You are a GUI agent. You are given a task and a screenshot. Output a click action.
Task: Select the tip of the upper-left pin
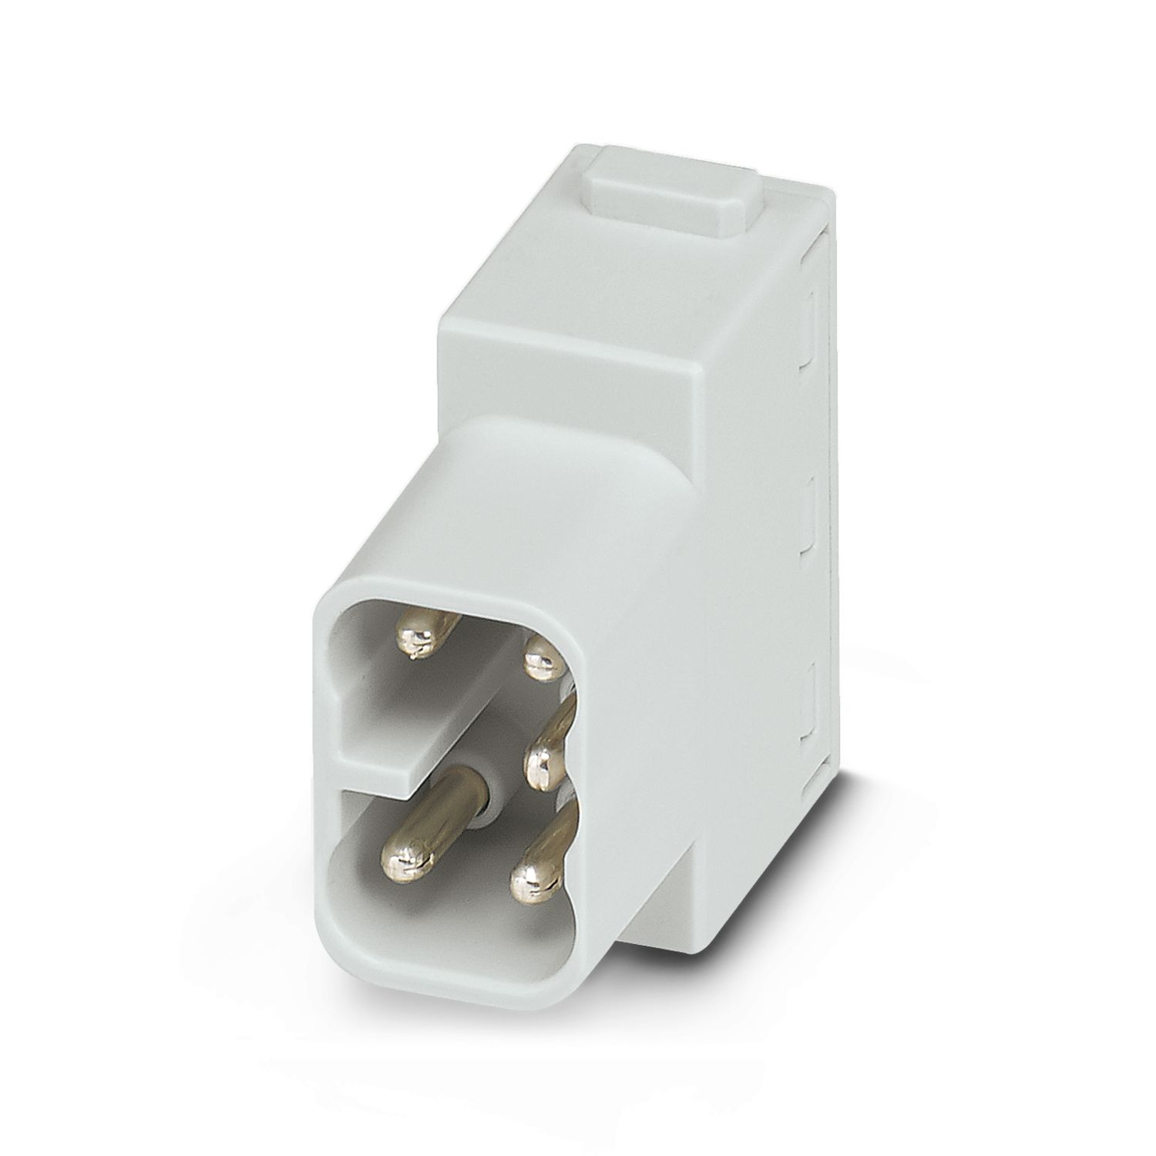point(416,637)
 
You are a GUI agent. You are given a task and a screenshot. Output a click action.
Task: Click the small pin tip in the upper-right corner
point(541,659)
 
